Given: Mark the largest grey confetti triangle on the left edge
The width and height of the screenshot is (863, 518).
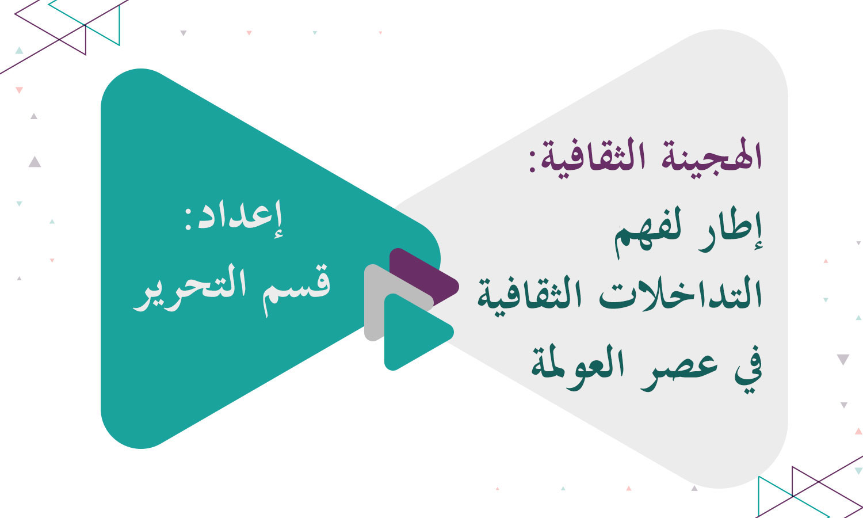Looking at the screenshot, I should (35, 162).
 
